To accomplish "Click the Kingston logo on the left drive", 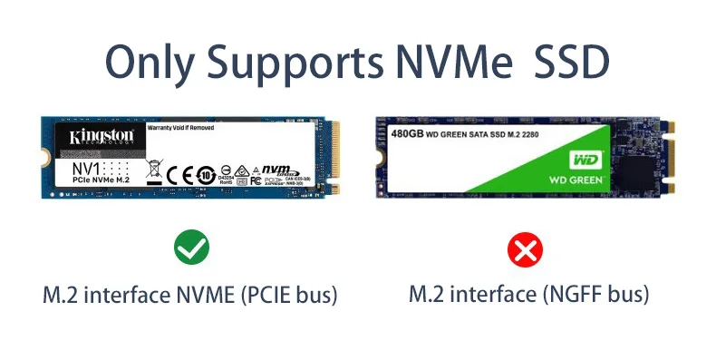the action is [102, 136].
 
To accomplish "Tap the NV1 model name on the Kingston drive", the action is [87, 168].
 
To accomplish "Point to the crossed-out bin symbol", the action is [153, 170].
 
